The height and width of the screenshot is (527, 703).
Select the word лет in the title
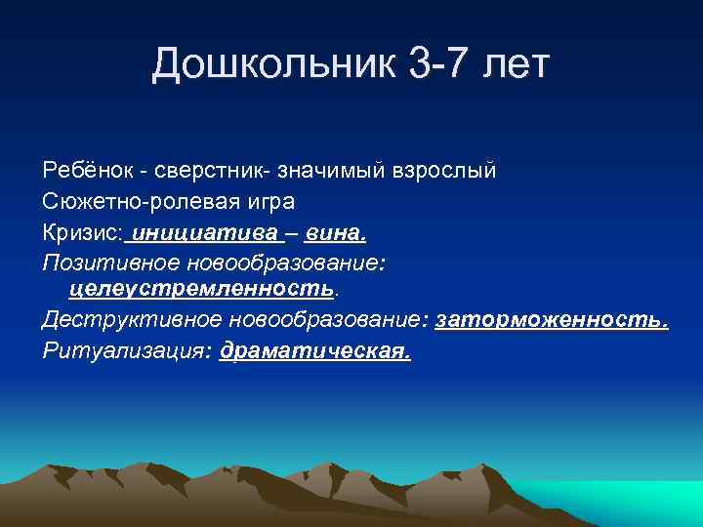pyautogui.click(x=513, y=66)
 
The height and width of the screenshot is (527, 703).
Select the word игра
pyautogui.click(x=240, y=201)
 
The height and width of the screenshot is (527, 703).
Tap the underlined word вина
pyautogui.click(x=335, y=232)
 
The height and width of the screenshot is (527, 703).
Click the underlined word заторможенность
pyautogui.click(x=552, y=320)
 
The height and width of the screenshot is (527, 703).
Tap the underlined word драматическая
pyautogui.click(x=315, y=350)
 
